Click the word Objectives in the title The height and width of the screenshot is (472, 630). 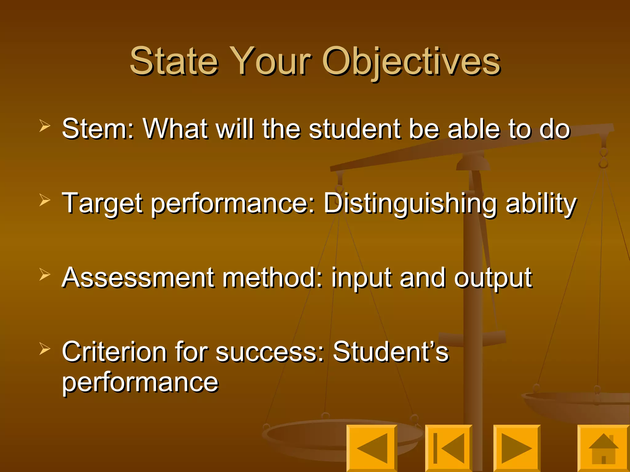click(x=411, y=61)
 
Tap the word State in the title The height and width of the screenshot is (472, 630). click(x=174, y=61)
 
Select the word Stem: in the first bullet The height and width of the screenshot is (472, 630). click(x=98, y=129)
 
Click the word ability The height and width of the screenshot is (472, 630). click(x=541, y=203)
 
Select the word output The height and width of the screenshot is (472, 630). click(x=493, y=278)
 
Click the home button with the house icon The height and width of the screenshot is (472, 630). click(x=603, y=448)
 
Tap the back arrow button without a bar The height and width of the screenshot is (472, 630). click(x=372, y=448)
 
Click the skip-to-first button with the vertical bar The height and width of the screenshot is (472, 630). click(x=449, y=448)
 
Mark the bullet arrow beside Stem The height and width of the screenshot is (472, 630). click(x=45, y=126)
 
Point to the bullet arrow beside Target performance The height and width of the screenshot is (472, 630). click(x=45, y=200)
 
